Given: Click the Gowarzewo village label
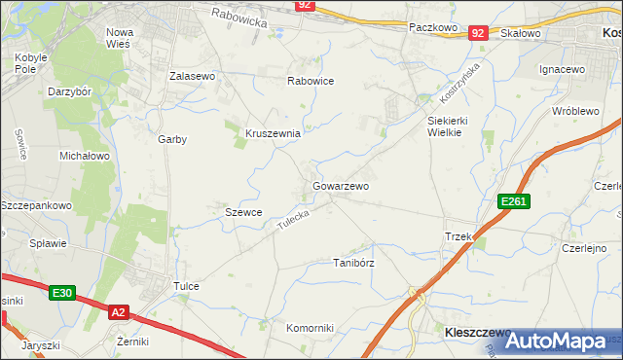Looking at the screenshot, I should click(x=340, y=185).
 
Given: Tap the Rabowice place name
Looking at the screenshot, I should click(x=310, y=82).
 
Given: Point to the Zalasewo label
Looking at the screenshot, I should click(x=192, y=75).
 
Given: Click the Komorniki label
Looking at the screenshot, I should click(x=310, y=328).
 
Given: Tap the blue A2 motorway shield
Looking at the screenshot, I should click(x=118, y=312).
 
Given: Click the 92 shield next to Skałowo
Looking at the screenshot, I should click(x=477, y=33).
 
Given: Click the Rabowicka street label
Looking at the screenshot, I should click(x=238, y=15).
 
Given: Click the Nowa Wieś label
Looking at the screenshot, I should click(x=120, y=38).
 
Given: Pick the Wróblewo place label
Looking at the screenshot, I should click(x=574, y=111).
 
